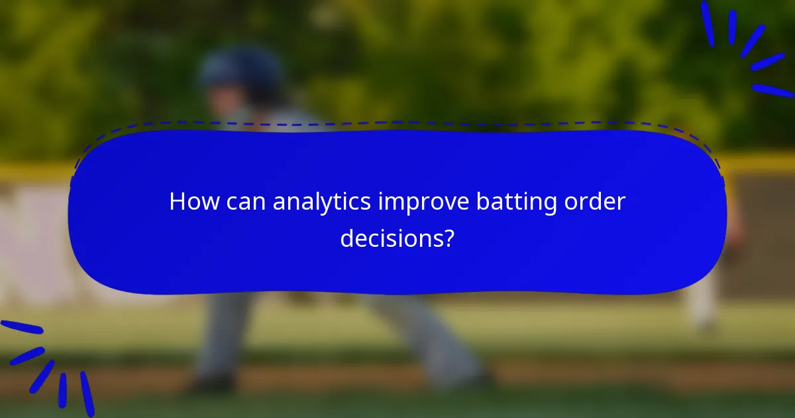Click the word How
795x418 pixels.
click(192, 202)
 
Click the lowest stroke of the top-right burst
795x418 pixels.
click(772, 90)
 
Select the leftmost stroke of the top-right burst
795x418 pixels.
click(707, 24)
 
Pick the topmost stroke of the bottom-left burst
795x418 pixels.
click(21, 327)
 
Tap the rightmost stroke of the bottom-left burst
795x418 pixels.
click(87, 393)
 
